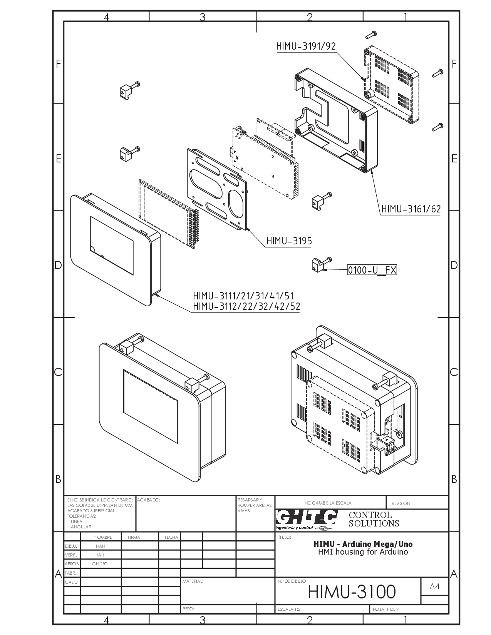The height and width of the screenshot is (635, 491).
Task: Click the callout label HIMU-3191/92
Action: click(306, 46)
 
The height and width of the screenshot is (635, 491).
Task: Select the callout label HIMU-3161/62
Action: click(411, 209)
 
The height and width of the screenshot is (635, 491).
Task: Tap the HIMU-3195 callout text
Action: click(289, 241)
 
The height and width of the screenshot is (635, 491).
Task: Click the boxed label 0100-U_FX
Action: click(372, 270)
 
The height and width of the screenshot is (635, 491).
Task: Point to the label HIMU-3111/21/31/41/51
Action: click(243, 296)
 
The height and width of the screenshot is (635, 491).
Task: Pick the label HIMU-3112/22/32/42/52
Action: click(246, 306)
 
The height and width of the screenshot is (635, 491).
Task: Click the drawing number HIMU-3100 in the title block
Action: click(352, 592)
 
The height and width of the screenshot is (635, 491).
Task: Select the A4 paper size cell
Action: click(434, 587)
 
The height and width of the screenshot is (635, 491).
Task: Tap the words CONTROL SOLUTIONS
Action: click(374, 519)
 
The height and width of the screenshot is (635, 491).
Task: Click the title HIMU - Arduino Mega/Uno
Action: click(363, 544)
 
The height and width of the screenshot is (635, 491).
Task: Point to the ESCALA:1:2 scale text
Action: click(289, 609)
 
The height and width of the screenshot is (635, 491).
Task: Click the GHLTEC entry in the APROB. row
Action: click(100, 564)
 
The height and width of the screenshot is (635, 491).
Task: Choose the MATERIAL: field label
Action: click(193, 581)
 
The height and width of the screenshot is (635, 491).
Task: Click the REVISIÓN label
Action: click(401, 503)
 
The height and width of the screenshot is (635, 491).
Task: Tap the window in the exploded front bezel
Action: click(112, 245)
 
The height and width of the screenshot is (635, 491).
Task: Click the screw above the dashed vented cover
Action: click(371, 34)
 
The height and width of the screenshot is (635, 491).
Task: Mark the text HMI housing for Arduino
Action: click(363, 552)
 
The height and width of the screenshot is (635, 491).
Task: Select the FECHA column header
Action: click(171, 537)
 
